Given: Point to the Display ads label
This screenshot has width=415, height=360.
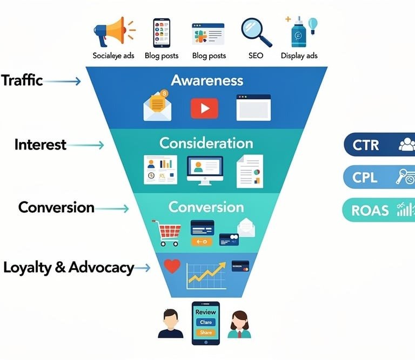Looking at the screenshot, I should [299, 56].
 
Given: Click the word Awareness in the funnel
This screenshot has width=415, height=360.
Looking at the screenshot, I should [207, 80].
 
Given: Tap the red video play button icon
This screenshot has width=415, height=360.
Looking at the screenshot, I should [204, 108].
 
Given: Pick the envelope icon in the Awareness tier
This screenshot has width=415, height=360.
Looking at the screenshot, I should [156, 106].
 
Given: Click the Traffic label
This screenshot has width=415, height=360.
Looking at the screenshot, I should [22, 80].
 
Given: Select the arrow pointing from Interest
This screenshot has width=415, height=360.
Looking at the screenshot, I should [86, 145].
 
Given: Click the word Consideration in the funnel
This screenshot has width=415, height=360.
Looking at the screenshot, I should [206, 143].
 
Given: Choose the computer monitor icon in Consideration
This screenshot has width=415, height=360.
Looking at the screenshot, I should [205, 169].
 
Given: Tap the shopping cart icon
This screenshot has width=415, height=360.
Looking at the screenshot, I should [167, 232].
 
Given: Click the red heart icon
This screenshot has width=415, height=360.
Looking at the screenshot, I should [172, 266].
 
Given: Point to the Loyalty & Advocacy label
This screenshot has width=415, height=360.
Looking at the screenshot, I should [69, 267].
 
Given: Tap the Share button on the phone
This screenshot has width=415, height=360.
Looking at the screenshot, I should [206, 332].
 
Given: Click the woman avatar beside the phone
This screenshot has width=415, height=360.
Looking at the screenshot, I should [239, 324].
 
